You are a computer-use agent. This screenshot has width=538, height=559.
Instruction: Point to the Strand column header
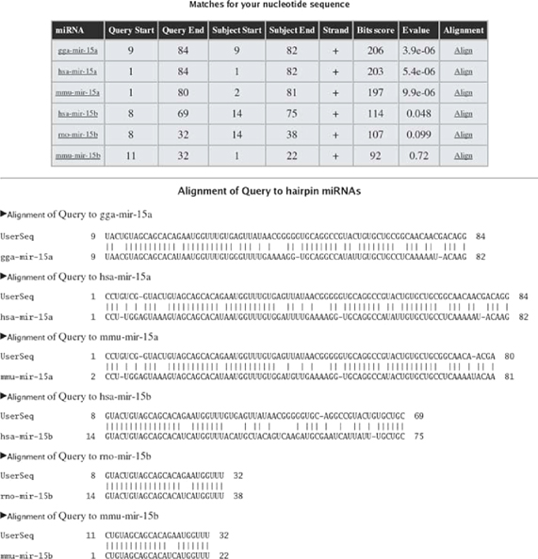click(331, 30)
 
